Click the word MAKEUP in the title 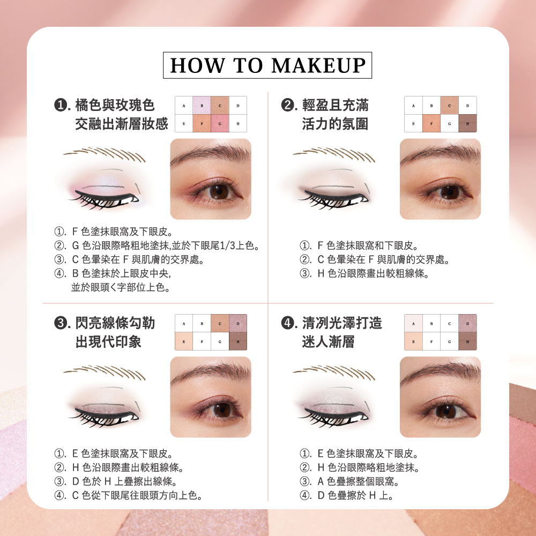click(318, 65)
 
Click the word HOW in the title click(198, 65)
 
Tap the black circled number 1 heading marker click(61, 105)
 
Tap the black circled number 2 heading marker click(287, 105)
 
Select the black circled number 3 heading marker click(61, 323)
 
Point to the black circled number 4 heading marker click(287, 323)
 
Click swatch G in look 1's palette click(220, 123)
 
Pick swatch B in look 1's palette click(202, 106)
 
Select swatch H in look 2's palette click(467, 123)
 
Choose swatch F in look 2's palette click(431, 123)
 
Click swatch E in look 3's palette click(184, 341)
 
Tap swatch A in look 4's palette click(413, 323)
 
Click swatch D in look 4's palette click(467, 323)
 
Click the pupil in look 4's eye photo click(445, 411)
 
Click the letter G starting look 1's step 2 click(76, 245)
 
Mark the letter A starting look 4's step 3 click(321, 481)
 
